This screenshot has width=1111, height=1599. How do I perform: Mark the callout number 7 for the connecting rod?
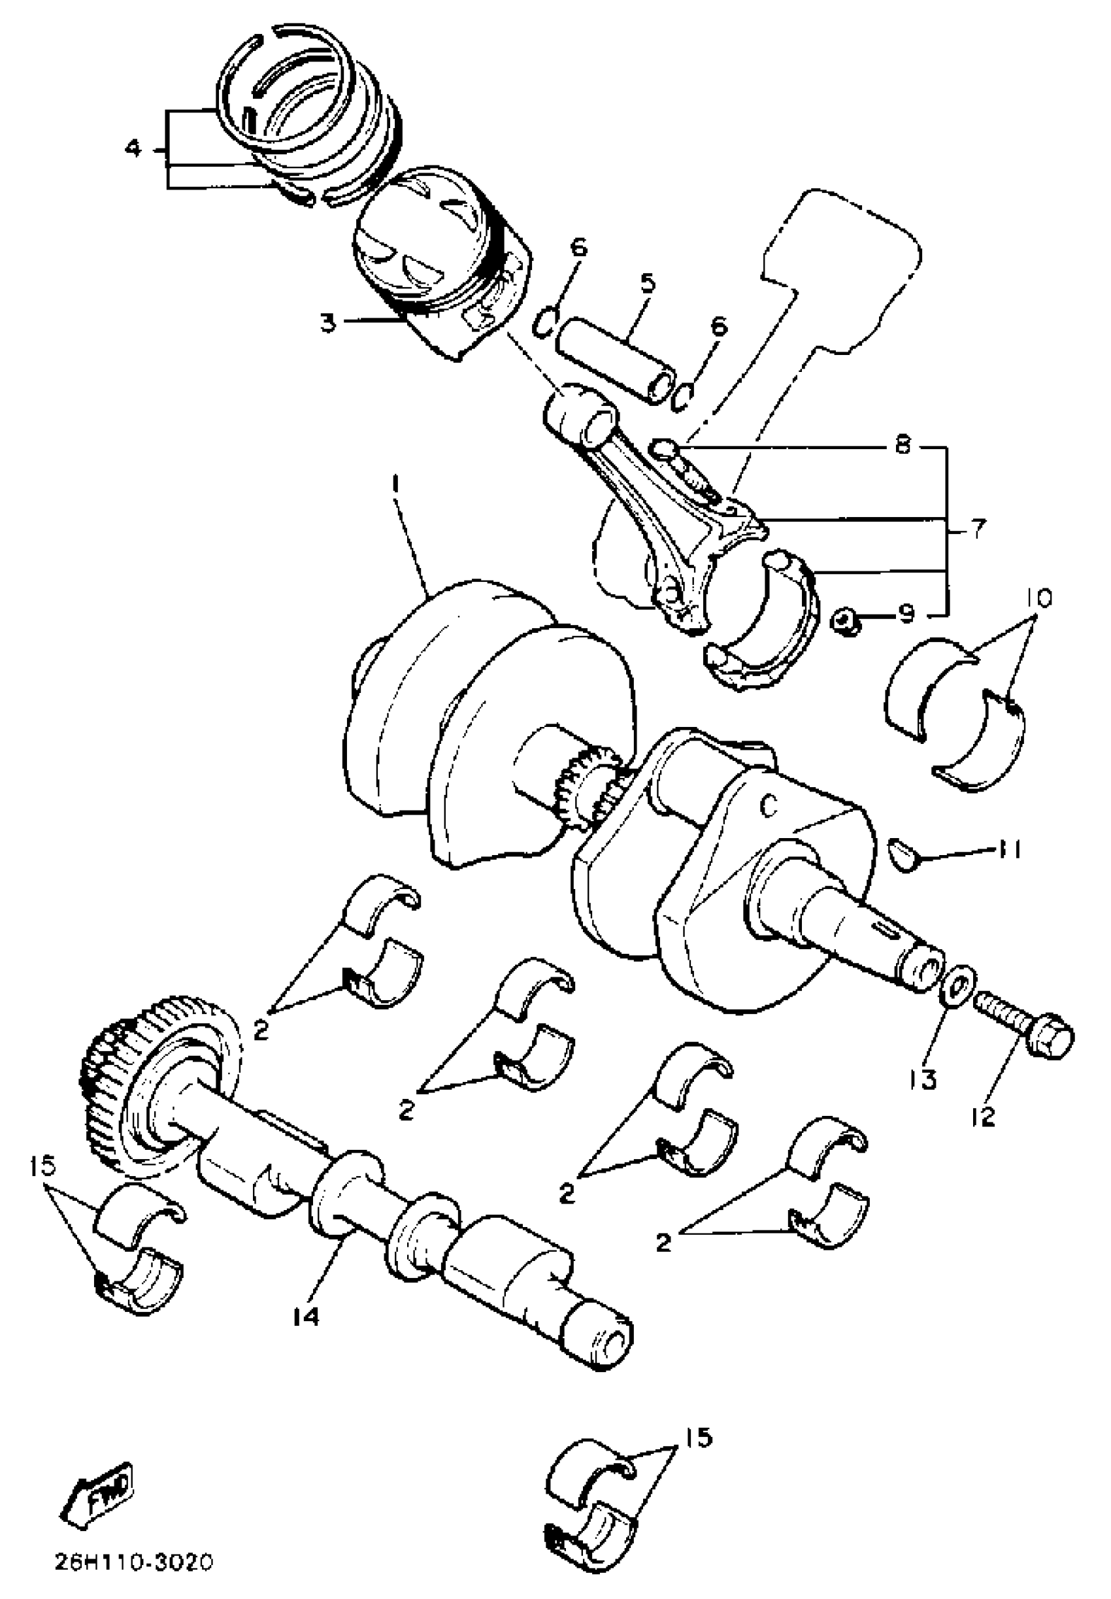pos(978,530)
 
